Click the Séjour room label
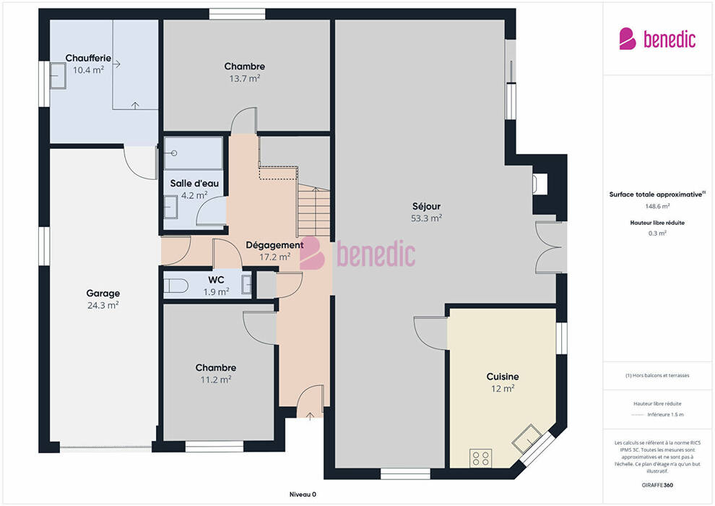[426, 207]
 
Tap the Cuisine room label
[503, 377]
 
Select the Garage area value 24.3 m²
[103, 305]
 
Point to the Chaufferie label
[88, 58]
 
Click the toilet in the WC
[175, 286]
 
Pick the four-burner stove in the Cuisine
[480, 458]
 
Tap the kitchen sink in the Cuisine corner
[527, 439]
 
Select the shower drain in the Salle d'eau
[174, 153]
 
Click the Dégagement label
[274, 245]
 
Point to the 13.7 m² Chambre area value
[244, 79]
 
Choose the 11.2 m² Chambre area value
[216, 379]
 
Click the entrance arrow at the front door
[310, 416]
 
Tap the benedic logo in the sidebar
[657, 39]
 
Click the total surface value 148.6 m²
[657, 206]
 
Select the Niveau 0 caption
[303, 494]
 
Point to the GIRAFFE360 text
[657, 485]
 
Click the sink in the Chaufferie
[58, 76]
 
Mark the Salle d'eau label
[194, 184]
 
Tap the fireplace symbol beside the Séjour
[540, 184]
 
